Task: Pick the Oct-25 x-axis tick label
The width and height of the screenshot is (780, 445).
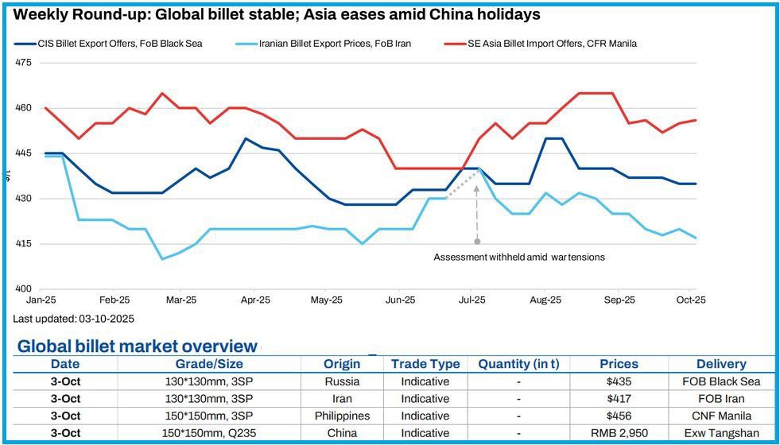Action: (x=691, y=300)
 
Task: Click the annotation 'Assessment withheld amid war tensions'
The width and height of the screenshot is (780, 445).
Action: (x=518, y=257)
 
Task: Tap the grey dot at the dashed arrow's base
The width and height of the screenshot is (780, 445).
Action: (x=477, y=241)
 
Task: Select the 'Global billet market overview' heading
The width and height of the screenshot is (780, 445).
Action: (x=138, y=346)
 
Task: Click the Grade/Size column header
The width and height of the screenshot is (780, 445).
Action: (x=209, y=364)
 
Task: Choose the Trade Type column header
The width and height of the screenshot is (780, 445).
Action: (x=425, y=364)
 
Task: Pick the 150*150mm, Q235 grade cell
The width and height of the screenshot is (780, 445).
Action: (x=209, y=433)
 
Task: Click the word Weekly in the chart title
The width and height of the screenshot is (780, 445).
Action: (x=43, y=14)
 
